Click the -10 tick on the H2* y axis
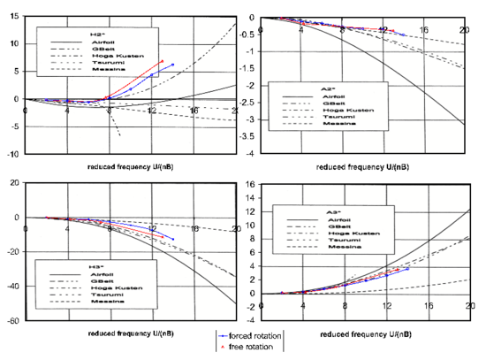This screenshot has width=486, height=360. (11, 154)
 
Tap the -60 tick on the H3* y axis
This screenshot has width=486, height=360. (11, 321)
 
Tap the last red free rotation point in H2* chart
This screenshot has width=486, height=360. (162, 61)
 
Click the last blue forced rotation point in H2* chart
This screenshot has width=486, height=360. (172, 65)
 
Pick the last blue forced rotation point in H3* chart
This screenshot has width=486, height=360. (173, 239)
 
